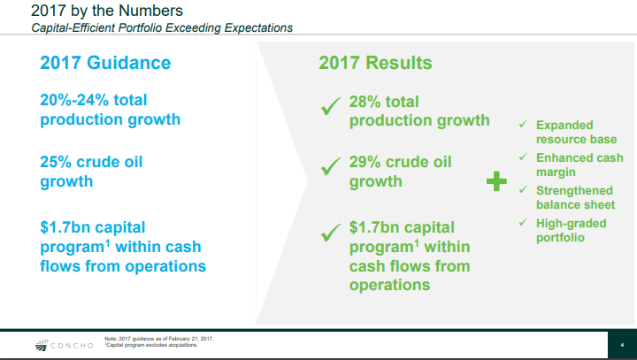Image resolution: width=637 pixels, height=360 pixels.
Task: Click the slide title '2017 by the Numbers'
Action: (107, 11)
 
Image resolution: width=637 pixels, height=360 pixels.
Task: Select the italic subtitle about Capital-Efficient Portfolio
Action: (162, 28)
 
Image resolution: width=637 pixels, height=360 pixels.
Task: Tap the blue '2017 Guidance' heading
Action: (105, 63)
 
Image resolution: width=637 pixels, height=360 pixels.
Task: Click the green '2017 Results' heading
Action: (375, 63)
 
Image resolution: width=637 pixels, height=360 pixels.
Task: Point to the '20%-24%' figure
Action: (74, 100)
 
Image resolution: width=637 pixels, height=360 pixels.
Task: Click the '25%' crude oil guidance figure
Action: (56, 162)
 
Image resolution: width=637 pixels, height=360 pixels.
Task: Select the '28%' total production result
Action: (365, 102)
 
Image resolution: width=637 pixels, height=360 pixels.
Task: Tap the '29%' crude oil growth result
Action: (365, 162)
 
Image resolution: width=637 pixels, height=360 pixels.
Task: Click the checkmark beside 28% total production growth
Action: (330, 106)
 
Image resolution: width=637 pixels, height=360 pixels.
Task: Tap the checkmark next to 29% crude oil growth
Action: (330, 166)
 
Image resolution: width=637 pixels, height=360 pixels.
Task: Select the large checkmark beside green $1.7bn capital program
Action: (330, 233)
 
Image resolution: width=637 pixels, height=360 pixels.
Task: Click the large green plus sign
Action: (496, 180)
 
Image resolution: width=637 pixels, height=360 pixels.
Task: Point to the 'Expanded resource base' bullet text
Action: (577, 132)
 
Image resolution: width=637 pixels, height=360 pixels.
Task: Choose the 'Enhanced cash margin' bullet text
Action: (579, 165)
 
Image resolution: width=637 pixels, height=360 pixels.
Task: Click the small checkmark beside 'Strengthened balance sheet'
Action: (523, 189)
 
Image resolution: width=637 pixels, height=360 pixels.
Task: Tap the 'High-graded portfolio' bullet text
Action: (572, 230)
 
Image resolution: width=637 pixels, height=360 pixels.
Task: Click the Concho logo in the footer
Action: (65, 346)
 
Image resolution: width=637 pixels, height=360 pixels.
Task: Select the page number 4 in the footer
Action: (622, 345)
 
